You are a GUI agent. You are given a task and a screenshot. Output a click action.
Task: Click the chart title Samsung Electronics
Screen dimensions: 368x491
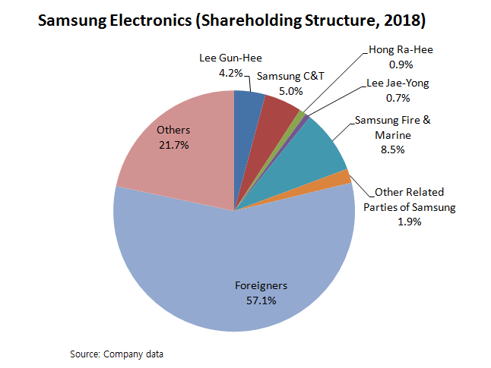(x=114, y=20)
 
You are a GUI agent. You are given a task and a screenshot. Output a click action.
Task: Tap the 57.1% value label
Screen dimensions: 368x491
(x=260, y=300)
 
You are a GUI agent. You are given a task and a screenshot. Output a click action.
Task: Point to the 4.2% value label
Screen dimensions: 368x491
(x=231, y=74)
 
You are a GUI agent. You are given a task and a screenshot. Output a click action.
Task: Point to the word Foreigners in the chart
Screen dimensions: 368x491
(x=260, y=286)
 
